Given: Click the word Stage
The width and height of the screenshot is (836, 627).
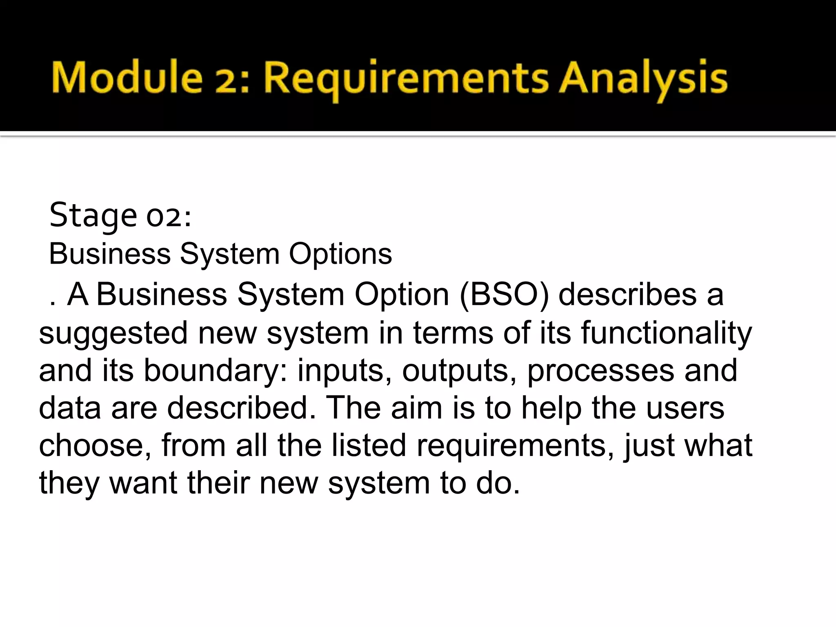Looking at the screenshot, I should coord(93,216).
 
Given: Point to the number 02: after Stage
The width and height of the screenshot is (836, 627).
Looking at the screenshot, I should coord(169,216).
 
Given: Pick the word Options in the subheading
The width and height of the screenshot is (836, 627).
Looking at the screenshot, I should coord(340,254).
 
